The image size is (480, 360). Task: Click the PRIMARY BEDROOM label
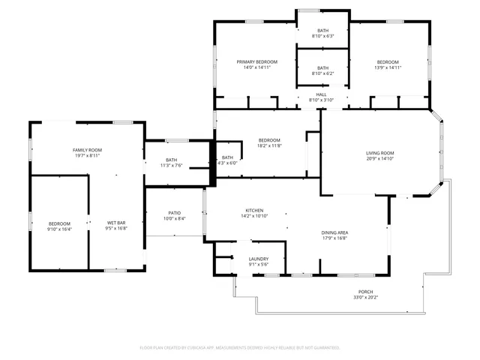257,61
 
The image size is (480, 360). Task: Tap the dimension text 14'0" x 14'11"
257,67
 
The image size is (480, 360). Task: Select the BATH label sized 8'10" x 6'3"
322,30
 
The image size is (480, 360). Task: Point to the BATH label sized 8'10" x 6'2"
322,67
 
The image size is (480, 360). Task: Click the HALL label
322,94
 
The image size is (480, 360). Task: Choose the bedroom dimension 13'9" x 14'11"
388,67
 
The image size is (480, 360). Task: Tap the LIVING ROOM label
380,153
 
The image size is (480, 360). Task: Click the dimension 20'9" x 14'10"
380,159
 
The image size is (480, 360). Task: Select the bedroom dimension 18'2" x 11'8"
269,145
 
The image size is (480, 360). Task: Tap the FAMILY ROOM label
87,150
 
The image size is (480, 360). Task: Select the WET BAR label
116,223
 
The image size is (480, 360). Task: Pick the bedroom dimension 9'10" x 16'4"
59,229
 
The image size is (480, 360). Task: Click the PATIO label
175,213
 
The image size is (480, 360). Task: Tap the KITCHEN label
255,210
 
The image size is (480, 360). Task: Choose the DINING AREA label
334,232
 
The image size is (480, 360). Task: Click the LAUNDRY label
259,259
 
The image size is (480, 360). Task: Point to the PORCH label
365,292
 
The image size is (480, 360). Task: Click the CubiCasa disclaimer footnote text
240,348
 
